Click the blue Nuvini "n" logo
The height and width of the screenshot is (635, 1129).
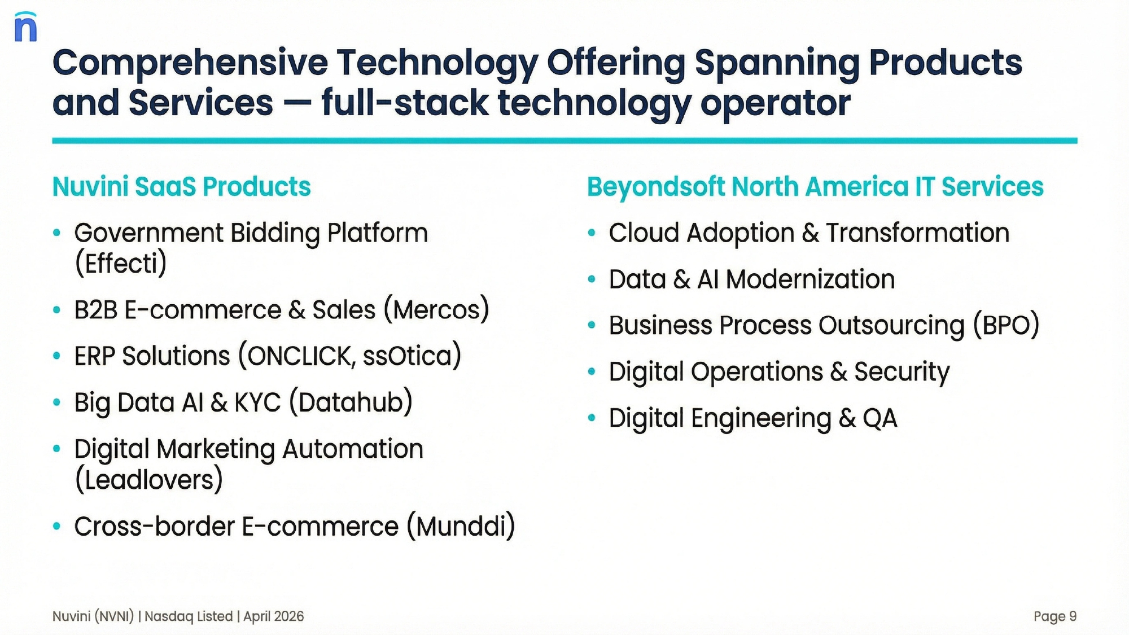(26, 27)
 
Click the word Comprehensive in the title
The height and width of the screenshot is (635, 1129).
(190, 63)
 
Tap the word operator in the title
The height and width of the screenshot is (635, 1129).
(775, 104)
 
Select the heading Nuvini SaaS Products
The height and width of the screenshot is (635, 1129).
(181, 187)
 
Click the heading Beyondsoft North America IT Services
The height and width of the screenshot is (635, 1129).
(815, 187)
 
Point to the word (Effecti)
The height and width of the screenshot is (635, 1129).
(121, 263)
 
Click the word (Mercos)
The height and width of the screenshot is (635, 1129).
(436, 309)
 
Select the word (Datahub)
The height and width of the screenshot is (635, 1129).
(351, 402)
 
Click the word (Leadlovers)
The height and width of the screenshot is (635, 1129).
(149, 480)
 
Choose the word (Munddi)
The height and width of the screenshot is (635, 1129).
(461, 526)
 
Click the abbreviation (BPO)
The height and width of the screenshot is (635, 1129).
(1006, 325)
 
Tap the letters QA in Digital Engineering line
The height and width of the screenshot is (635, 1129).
(880, 418)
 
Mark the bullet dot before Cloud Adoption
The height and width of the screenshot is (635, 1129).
(592, 233)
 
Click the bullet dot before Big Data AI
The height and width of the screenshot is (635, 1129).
(56, 402)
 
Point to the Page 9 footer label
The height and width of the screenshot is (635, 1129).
(1055, 616)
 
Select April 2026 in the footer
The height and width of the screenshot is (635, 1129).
(274, 616)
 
